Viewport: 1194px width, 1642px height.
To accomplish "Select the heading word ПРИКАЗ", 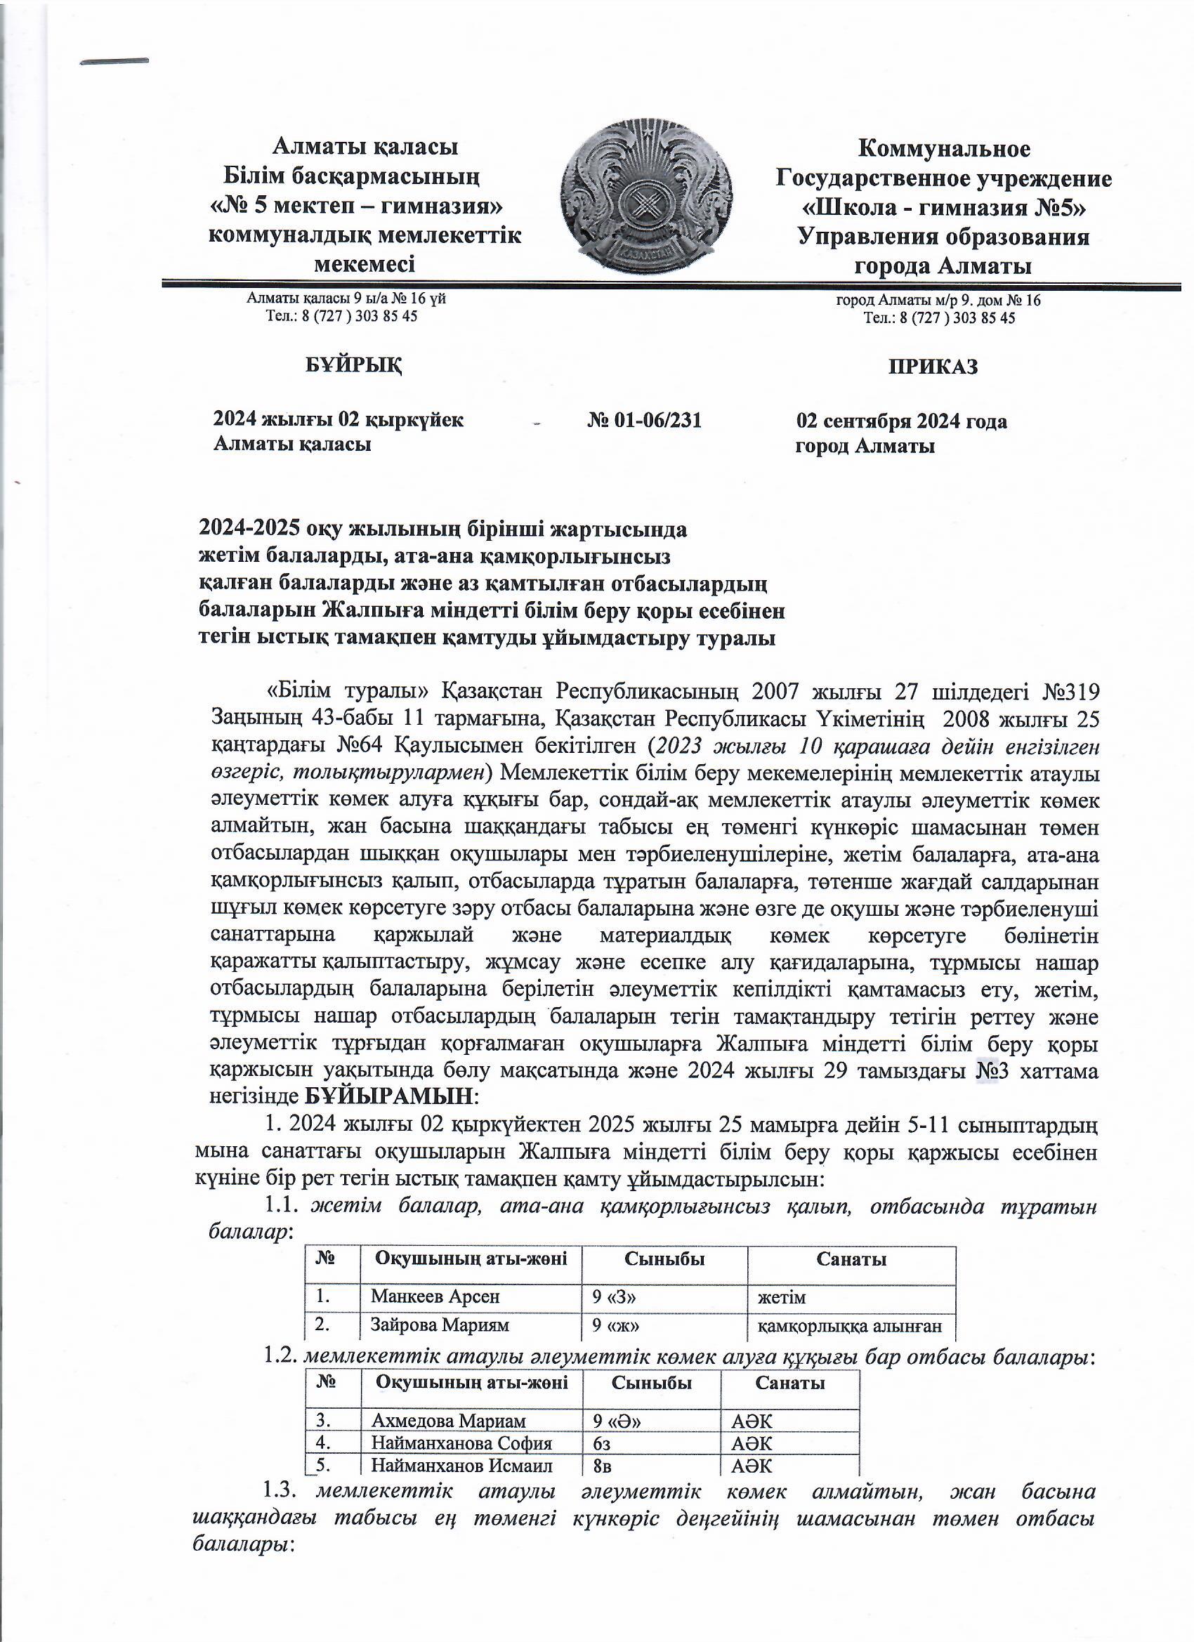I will tap(933, 367).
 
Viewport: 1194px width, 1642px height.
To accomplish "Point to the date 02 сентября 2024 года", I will tap(900, 421).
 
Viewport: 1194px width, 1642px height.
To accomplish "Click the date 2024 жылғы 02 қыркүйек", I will tap(338, 420).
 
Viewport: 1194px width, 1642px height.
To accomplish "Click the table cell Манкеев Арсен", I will tap(435, 1296).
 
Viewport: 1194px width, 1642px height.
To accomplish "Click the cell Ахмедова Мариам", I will tap(448, 1421).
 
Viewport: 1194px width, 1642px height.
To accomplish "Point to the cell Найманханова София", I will tap(461, 1443).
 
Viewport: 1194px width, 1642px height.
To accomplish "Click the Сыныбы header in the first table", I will tap(664, 1259).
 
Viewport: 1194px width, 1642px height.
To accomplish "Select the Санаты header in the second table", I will tap(789, 1383).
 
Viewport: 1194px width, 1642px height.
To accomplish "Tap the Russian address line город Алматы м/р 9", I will tap(938, 300).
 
